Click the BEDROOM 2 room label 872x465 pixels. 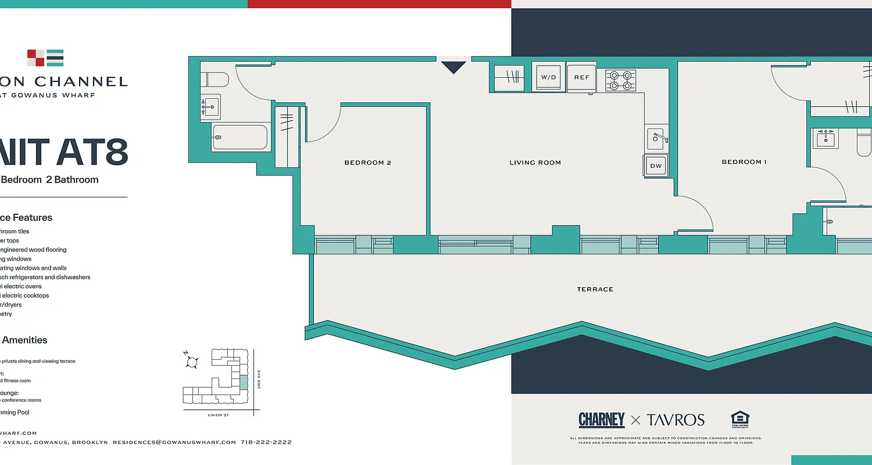click(367, 163)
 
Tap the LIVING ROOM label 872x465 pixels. click(535, 163)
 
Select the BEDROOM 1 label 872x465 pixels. click(744, 162)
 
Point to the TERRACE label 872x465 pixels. click(595, 289)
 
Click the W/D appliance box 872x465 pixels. click(548, 77)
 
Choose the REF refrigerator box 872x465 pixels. click(581, 77)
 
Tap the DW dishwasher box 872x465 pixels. click(656, 166)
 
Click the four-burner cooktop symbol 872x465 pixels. click(621, 80)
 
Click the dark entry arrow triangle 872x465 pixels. click(453, 67)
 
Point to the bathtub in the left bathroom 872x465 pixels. click(240, 138)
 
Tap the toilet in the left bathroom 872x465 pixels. click(215, 80)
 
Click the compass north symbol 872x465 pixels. click(191, 362)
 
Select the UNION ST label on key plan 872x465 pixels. click(219, 415)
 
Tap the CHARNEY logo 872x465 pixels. click(601, 420)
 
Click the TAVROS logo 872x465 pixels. click(676, 420)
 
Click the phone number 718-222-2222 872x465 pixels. click(266, 442)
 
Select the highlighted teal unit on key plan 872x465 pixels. click(243, 382)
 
